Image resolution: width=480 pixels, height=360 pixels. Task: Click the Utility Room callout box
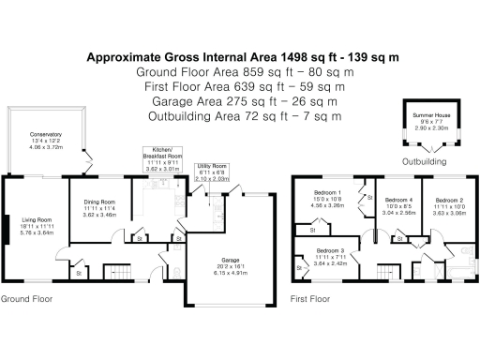(x=212, y=171)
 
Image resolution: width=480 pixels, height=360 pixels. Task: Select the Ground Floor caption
(x=25, y=300)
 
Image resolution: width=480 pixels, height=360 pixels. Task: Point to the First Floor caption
(x=310, y=300)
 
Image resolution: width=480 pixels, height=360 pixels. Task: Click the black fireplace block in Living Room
(x=7, y=228)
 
